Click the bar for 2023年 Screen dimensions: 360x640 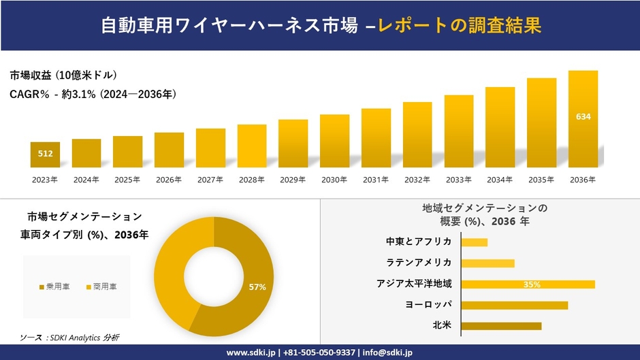click(x=45, y=155)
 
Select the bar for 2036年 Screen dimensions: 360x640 click(x=583, y=119)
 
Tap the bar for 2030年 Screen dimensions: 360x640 click(x=334, y=141)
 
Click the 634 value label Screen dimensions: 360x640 click(x=583, y=116)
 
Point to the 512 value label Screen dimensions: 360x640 click(x=45, y=154)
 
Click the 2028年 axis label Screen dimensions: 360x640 click(x=251, y=180)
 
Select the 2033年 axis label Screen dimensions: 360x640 click(x=458, y=180)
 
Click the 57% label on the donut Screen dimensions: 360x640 click(x=257, y=287)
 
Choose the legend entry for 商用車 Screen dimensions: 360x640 click(x=101, y=287)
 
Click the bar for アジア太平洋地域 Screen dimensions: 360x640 click(x=528, y=284)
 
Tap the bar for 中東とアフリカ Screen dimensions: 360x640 click(x=474, y=242)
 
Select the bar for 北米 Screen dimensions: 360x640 click(x=501, y=326)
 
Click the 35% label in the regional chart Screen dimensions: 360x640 click(x=532, y=284)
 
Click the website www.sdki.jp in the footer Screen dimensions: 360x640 click(x=251, y=353)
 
